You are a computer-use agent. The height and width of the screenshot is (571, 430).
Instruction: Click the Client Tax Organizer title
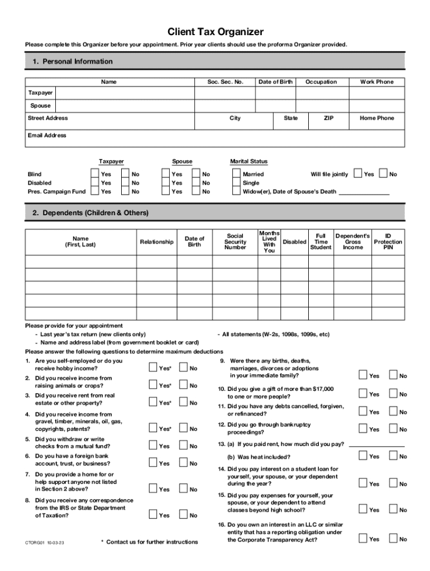216,32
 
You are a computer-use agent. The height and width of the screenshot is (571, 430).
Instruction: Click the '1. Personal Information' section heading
72,61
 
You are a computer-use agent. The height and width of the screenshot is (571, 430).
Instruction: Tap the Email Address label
47,136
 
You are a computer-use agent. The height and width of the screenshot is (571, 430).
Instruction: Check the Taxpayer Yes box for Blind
95,174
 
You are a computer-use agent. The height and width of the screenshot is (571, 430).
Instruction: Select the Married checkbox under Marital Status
236,174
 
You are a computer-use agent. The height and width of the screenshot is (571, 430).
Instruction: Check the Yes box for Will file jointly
358,174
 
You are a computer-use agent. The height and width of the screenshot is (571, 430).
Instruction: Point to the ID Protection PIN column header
388,241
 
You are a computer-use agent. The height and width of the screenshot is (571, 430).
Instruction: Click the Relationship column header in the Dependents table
156,241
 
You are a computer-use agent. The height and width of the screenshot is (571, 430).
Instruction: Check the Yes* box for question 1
153,367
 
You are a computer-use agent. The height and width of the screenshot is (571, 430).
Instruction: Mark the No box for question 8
183,515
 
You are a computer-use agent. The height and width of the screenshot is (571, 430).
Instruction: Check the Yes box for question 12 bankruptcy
363,429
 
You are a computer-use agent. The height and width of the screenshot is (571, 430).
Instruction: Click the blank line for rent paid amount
376,444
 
